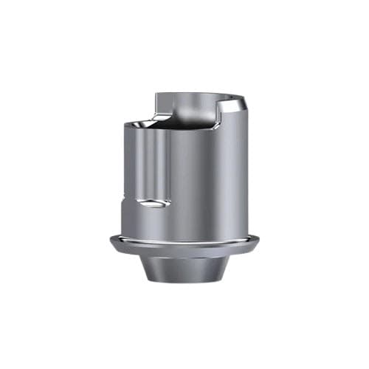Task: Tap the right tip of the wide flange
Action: coord(260,241)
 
